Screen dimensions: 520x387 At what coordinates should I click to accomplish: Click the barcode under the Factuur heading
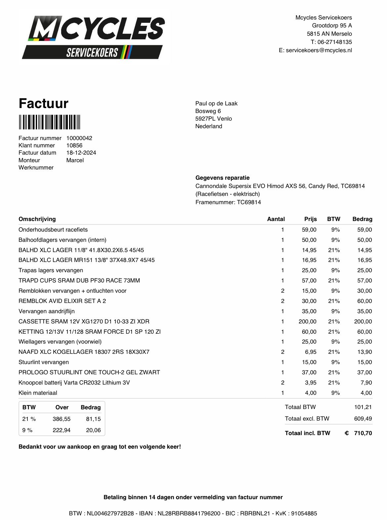click(49, 122)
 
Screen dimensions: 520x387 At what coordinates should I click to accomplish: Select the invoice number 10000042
click(79, 138)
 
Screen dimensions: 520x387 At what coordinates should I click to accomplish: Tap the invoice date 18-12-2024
click(81, 153)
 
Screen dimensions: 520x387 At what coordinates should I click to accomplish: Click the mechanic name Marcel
click(75, 160)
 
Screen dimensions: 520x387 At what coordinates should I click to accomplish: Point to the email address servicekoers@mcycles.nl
click(319, 50)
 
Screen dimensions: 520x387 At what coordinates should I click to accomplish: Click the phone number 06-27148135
click(334, 42)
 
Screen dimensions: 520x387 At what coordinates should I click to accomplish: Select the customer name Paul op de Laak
click(216, 103)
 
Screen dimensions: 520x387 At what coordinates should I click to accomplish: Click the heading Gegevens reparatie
click(222, 178)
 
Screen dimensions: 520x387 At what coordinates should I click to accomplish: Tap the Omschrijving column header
click(37, 219)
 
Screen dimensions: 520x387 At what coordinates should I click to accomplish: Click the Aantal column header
click(276, 219)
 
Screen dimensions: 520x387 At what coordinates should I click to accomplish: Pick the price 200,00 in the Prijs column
click(307, 321)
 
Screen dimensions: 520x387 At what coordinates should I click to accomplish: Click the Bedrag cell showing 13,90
click(364, 352)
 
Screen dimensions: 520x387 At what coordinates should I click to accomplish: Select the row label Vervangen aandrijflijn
click(47, 311)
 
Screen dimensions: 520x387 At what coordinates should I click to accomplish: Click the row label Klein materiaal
click(38, 393)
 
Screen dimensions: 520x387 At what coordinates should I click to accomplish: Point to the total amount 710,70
click(363, 433)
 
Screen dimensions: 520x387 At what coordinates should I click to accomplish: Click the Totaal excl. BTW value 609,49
click(363, 419)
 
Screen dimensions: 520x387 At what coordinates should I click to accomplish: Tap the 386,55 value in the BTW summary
click(62, 419)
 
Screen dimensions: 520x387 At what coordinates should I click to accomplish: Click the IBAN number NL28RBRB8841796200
click(189, 513)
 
